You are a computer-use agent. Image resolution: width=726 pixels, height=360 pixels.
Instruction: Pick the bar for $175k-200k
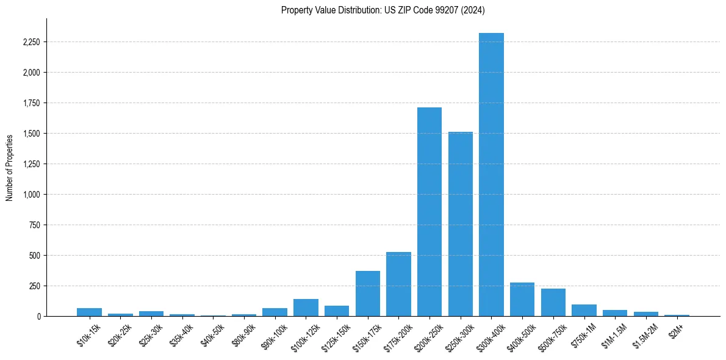398,284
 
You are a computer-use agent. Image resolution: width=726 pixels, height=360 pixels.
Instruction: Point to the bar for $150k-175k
368,293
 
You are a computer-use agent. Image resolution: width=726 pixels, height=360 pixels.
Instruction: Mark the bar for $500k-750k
553,303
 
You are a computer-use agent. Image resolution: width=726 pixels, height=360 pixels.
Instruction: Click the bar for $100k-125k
306,308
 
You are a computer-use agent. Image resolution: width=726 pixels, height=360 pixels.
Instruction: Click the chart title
383,10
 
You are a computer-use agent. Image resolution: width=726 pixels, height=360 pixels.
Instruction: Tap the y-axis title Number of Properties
10,168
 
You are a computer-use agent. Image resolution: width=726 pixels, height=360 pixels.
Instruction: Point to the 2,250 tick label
31,42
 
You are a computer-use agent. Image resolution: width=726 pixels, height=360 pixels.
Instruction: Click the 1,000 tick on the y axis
31,195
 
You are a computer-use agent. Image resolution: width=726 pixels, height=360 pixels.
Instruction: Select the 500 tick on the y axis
34,256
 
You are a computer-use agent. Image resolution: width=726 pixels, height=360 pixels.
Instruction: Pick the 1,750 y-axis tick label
31,103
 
